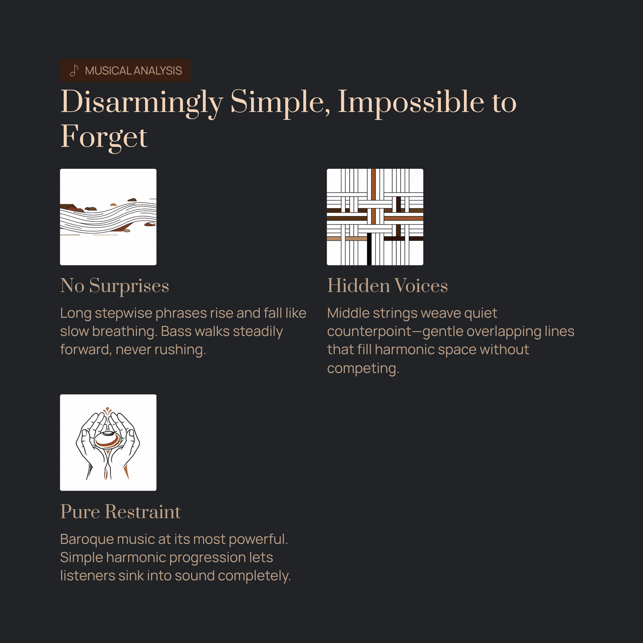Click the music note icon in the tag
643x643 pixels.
click(x=74, y=71)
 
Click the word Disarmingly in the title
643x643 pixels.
click(x=141, y=103)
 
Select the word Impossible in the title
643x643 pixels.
click(x=411, y=103)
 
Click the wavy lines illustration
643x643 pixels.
click(x=108, y=217)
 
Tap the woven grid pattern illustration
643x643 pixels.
click(x=375, y=217)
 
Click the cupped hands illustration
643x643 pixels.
click(x=108, y=442)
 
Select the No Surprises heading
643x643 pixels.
click(x=115, y=286)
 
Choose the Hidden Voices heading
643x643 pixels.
click(x=387, y=286)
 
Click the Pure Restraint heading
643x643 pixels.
click(x=121, y=512)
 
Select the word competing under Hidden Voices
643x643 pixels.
click(x=363, y=369)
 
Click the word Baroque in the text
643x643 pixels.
click(x=86, y=539)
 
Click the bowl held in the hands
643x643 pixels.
click(x=107, y=439)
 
